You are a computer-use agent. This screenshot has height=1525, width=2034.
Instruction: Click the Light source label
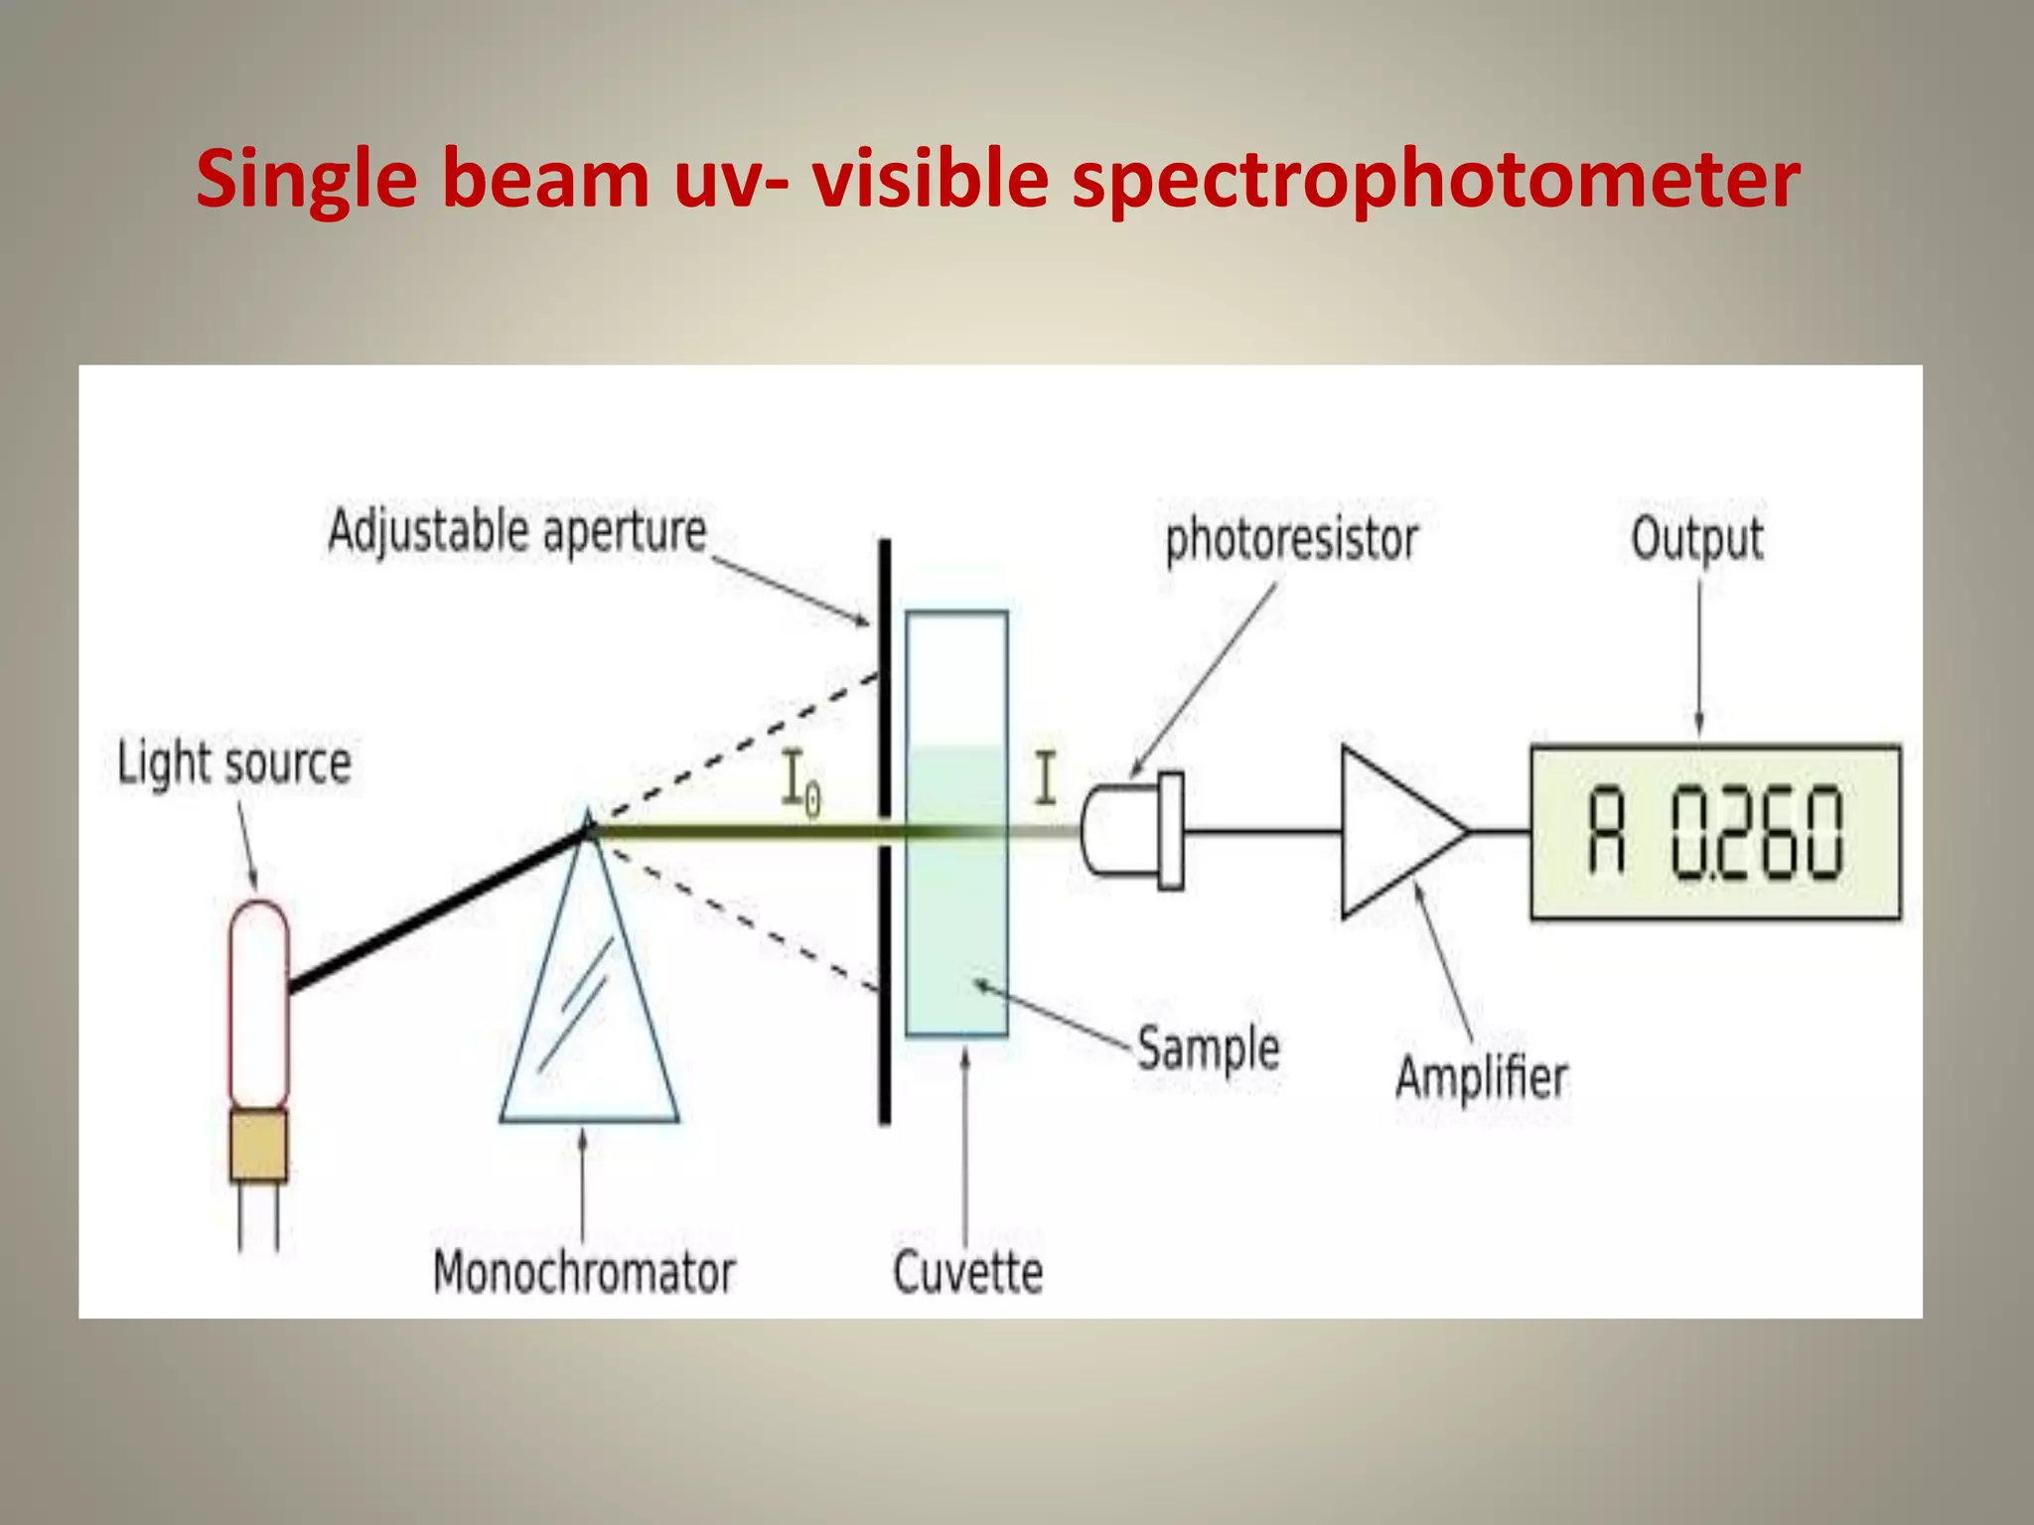point(234,763)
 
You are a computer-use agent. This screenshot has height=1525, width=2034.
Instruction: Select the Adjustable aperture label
point(517,532)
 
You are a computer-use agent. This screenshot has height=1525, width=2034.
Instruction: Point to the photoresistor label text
point(1291,540)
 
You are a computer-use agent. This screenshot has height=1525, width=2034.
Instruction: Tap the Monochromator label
point(584,1273)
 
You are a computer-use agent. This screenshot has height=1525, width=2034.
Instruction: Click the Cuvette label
point(968,1273)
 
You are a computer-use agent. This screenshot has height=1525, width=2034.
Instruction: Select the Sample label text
point(1208,1049)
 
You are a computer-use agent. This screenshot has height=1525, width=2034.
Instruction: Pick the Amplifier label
point(1481,1078)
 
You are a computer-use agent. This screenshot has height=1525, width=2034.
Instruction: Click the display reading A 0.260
point(1715,832)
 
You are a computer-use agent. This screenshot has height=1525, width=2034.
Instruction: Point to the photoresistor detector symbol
point(1132,831)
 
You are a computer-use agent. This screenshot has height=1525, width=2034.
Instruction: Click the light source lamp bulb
point(259,1003)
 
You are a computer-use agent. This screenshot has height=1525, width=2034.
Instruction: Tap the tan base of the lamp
point(259,1145)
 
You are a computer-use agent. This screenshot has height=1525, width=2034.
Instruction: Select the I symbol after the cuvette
point(1045,778)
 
